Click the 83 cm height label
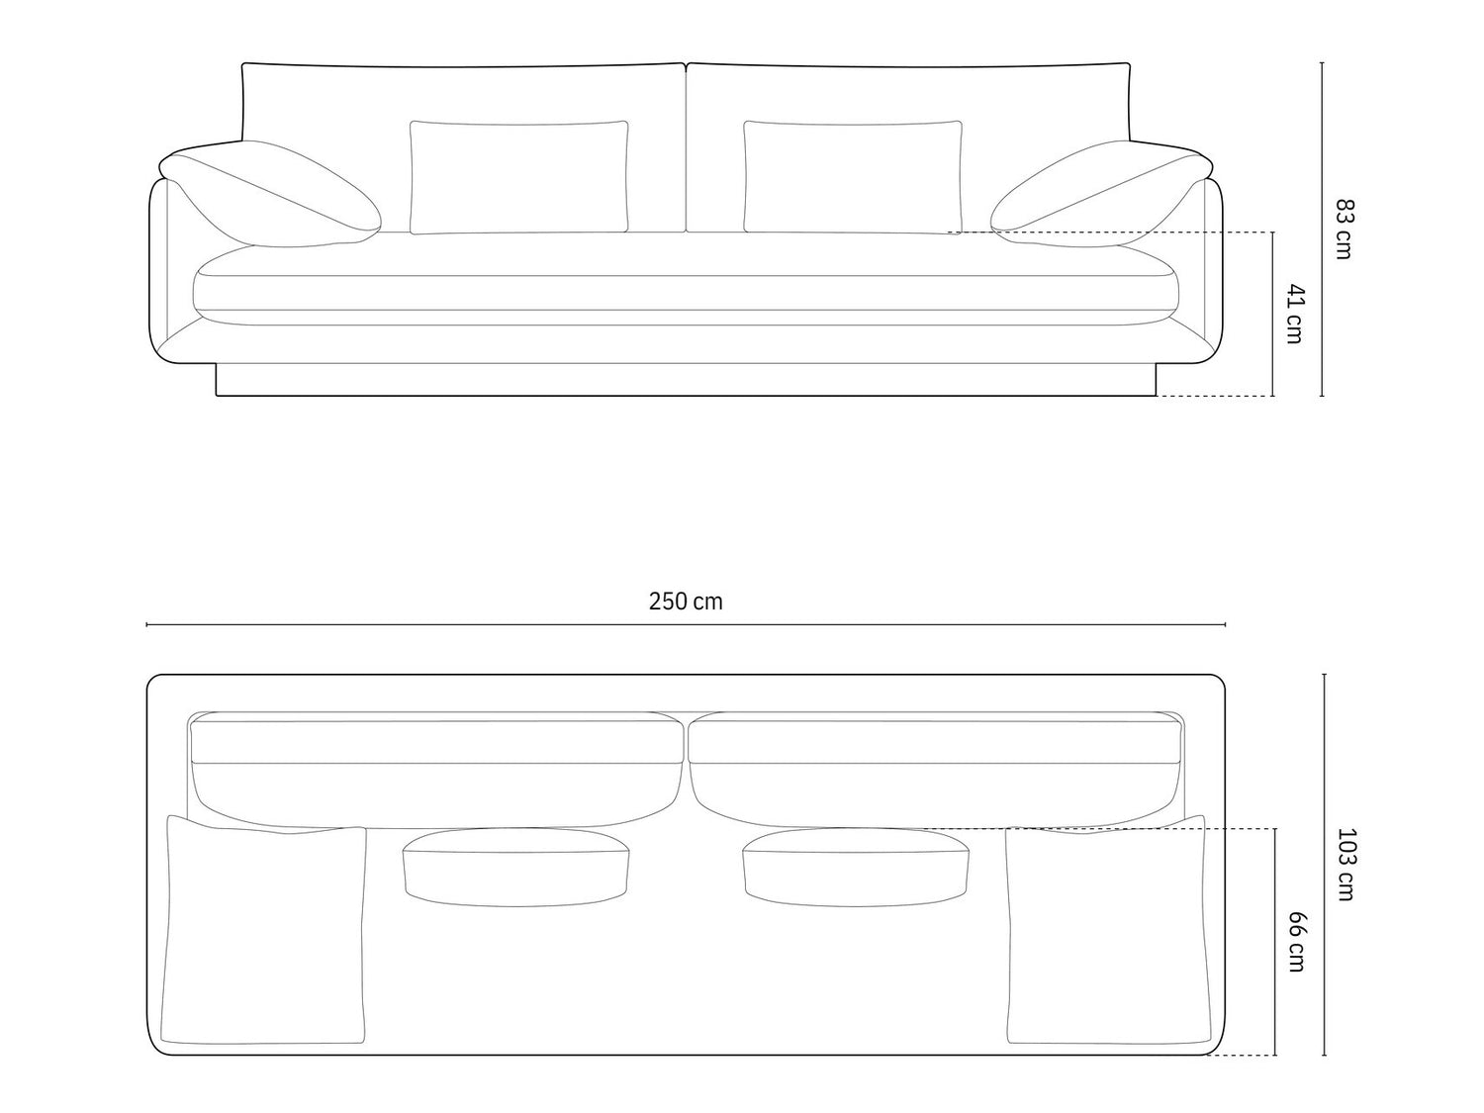1344,229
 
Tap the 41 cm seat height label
1295,314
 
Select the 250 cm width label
686,601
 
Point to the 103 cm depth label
1345,865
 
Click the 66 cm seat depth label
1296,942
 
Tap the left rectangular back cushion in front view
518,177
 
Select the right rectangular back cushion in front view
853,177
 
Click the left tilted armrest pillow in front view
270,194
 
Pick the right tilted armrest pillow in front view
1101,194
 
